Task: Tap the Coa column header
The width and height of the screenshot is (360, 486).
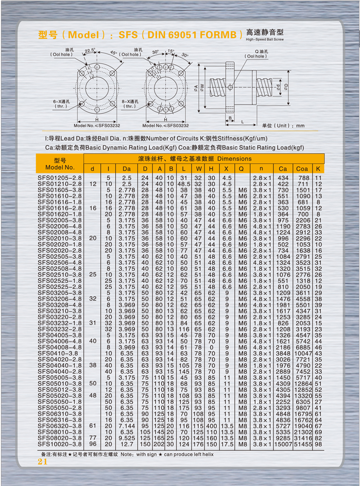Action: pyautogui.click(x=302, y=169)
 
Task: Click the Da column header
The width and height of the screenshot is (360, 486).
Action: pyautogui.click(x=126, y=169)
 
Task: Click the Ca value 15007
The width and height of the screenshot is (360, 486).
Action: pyautogui.click(x=283, y=444)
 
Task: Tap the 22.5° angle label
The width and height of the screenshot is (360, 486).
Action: pyautogui.click(x=90, y=50)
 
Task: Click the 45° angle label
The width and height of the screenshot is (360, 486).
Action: pyautogui.click(x=113, y=52)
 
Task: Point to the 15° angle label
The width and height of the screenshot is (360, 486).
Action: pyautogui.click(x=171, y=50)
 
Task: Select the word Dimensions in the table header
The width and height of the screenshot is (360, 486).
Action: pyautogui.click(x=234, y=158)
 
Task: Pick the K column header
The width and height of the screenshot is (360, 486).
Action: pyautogui.click(x=318, y=169)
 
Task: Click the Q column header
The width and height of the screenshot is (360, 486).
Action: pyautogui.click(x=241, y=169)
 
